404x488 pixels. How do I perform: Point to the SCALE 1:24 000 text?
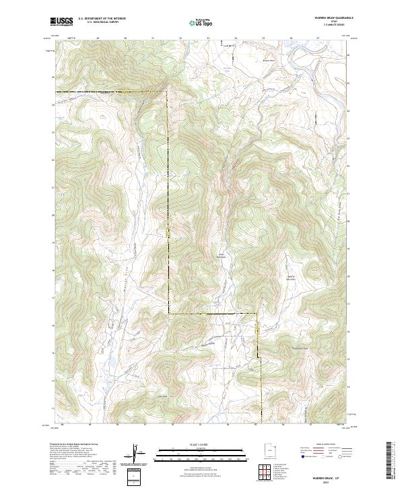pos(201,442)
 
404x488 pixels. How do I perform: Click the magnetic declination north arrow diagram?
pos(135,454)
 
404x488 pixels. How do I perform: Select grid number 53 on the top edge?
pos(208,39)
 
